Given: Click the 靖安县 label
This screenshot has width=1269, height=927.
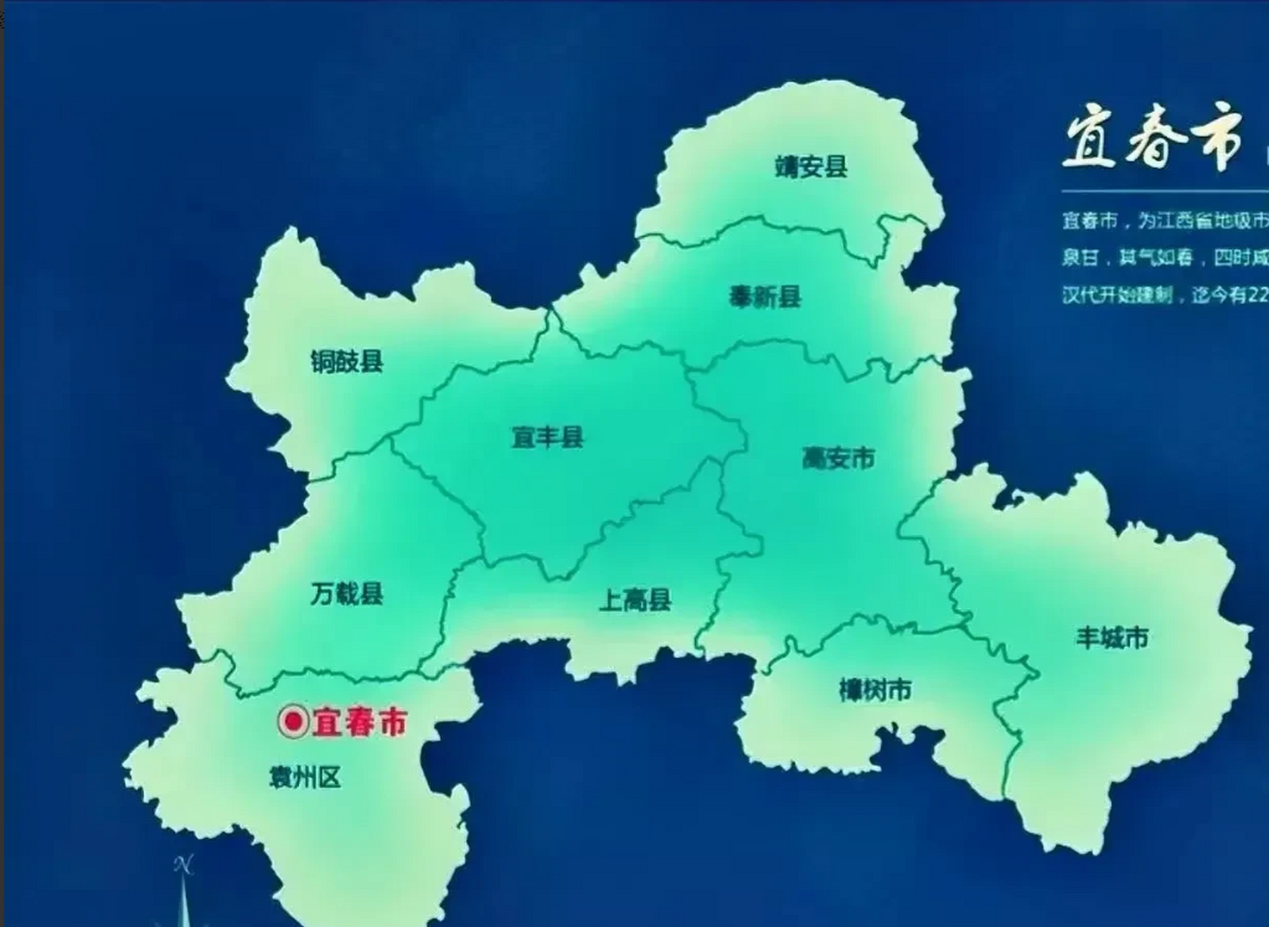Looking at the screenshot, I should coord(811,167).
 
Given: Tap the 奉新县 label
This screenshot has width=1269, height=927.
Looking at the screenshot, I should coord(764,297).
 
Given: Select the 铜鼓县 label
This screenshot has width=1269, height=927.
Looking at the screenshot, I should coord(347,361).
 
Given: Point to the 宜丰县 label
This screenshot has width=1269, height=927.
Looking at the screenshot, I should coord(547,437).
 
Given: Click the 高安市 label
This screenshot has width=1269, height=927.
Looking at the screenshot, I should coord(838,458).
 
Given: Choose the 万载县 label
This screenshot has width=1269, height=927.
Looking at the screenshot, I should coord(347,594).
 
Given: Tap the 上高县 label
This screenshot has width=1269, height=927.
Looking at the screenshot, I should coord(635,600).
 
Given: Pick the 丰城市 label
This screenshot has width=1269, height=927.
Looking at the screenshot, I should coord(1112,638).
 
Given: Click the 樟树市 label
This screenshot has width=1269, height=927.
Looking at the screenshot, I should coord(874,690).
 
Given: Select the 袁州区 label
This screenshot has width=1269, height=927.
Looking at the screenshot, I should coord(305,778).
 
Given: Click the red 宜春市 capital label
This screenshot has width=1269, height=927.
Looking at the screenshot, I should coord(359,722).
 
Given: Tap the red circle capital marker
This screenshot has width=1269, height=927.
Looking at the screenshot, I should coord(294,721).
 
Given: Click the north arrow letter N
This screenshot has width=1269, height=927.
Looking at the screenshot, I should coord(184,865).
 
